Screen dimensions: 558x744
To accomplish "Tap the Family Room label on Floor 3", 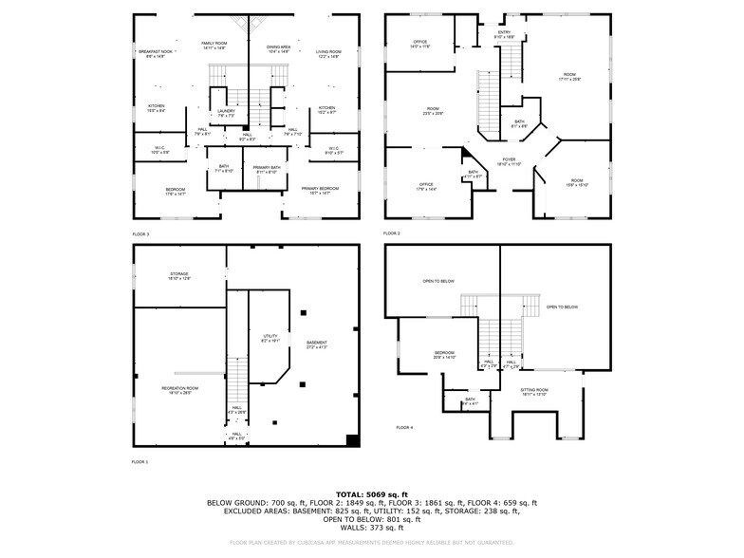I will tap(214, 45).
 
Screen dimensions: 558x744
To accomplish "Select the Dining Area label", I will tap(278, 46).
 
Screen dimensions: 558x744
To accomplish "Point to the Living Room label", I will tap(328, 51).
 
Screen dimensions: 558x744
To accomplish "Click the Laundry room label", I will tap(226, 112).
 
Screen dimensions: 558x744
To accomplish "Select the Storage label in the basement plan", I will tap(179, 275).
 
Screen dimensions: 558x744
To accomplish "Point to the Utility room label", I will tap(270, 338).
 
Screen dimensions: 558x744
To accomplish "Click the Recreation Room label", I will tap(179, 389).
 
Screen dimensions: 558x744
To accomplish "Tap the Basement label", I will tap(316, 344).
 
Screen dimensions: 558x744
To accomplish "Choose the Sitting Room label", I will tap(534, 391).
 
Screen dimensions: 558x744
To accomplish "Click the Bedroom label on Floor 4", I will tap(444, 355).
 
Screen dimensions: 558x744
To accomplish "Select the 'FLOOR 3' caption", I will tap(140, 233).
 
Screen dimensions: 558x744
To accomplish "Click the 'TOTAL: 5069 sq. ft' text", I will tap(371, 494).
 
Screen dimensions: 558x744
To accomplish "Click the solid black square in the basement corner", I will tap(353, 439).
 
